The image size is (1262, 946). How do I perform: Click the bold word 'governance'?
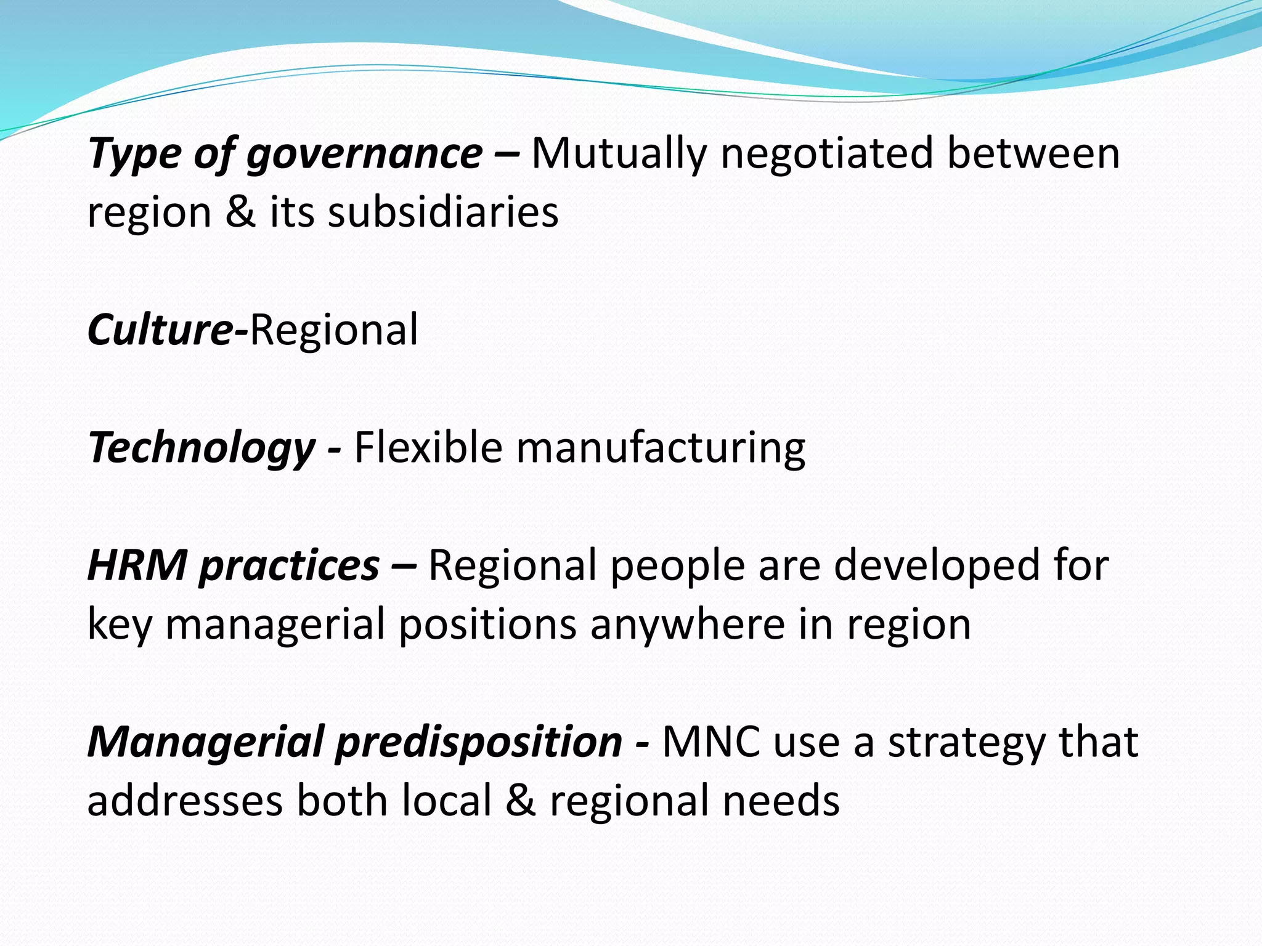[364, 154]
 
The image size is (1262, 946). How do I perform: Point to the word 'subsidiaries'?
[443, 212]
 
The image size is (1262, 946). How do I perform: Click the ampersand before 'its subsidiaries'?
[240, 212]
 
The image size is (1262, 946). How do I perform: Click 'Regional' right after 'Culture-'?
[333, 329]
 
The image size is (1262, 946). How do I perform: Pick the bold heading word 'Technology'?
[202, 448]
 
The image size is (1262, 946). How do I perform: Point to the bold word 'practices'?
[289, 566]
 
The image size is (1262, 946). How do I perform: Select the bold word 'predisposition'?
[479, 742]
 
